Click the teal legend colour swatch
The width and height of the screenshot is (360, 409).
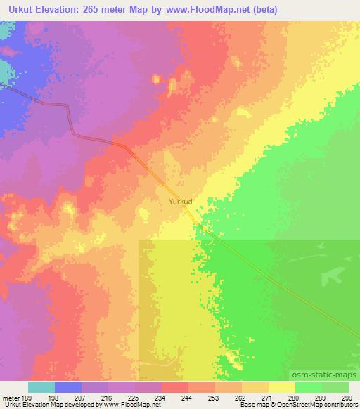[41, 387]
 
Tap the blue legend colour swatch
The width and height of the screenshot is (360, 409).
[67, 387]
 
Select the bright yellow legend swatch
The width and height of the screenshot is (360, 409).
[281, 387]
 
